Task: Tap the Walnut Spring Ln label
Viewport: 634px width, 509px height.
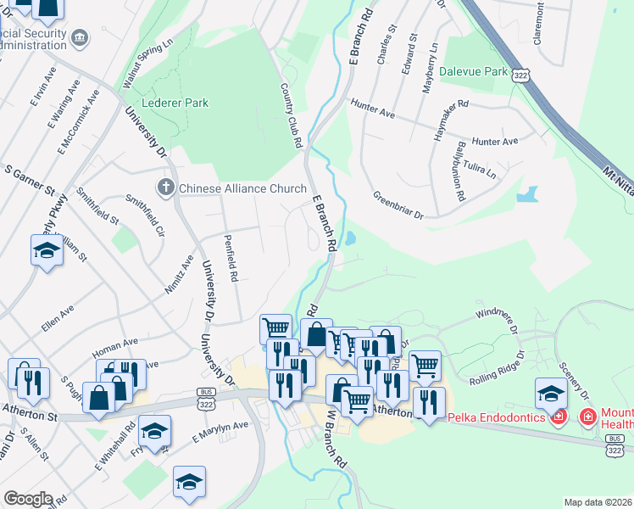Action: [147, 63]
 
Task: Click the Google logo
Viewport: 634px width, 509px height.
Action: [28, 499]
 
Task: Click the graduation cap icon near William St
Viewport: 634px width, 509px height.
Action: [47, 250]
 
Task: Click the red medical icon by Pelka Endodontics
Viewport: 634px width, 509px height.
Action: [558, 417]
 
